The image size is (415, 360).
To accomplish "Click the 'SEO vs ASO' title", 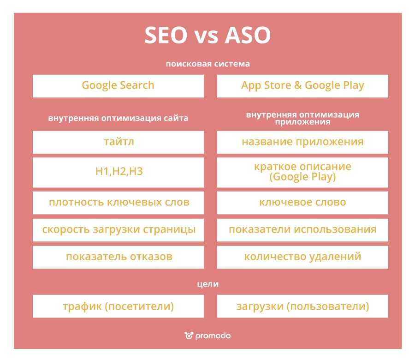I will point(207,36).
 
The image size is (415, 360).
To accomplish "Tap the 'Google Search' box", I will point(118,86).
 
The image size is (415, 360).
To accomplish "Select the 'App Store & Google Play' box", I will point(302,86).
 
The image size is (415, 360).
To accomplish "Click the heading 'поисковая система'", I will point(207,64).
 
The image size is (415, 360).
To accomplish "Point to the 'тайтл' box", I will point(118,142).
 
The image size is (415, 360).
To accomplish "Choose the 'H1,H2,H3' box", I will point(118,172).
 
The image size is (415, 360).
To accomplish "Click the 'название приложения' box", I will point(302,142).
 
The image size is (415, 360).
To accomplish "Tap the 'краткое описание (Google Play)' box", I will point(302,172).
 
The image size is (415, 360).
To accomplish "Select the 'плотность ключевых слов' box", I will point(118,203).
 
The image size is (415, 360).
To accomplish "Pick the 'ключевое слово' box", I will point(302,203).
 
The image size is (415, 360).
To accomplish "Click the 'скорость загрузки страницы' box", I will point(118,229).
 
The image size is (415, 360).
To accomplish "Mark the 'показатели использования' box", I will point(302,229).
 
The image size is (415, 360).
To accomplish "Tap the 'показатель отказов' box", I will point(118,257).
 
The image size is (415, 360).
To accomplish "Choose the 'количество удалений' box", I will point(302,257).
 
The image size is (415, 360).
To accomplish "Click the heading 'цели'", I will point(207,284).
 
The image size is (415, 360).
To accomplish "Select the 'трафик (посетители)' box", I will point(118,306).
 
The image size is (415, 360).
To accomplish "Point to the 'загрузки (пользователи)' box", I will point(302,306).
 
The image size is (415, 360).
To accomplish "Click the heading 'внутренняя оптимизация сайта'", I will point(118,118).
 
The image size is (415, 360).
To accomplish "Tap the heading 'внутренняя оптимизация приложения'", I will point(302,118).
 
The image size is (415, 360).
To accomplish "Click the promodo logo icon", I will point(189,336).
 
